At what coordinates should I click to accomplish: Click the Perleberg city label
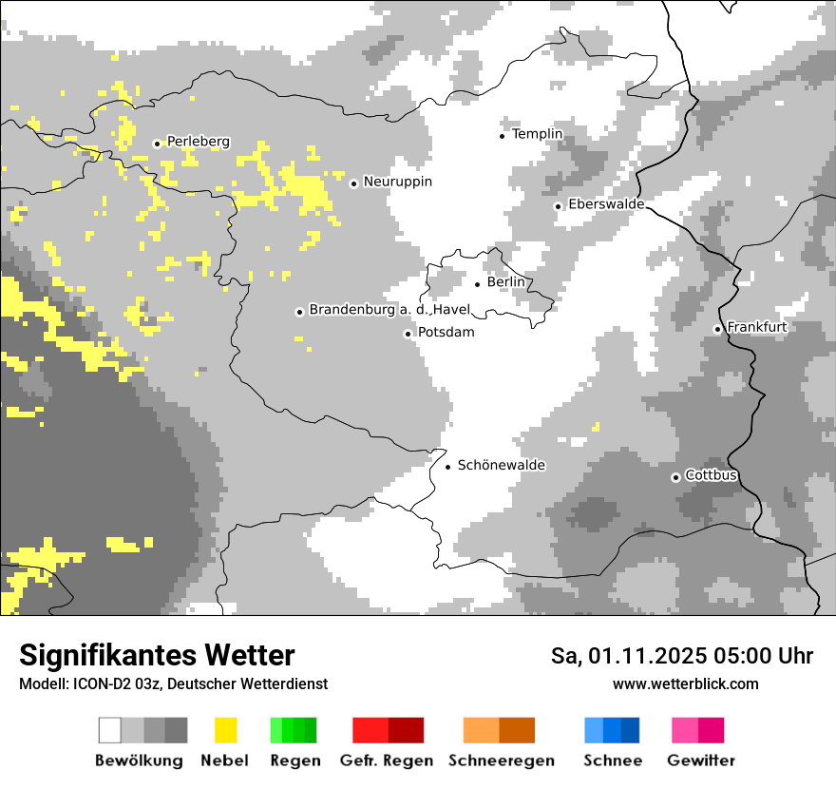click(x=198, y=142)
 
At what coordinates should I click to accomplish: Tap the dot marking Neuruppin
click(x=353, y=183)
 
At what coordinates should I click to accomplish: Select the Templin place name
click(x=537, y=134)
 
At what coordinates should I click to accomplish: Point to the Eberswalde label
click(x=606, y=204)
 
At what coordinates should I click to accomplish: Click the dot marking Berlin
click(x=477, y=283)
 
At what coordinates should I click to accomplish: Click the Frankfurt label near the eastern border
click(x=757, y=327)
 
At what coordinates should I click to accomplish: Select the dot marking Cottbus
click(x=675, y=477)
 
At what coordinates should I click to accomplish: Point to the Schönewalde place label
click(x=501, y=465)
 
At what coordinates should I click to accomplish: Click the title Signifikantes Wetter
click(x=157, y=655)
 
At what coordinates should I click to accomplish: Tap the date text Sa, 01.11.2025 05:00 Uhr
click(x=682, y=656)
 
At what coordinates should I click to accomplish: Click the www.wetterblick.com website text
click(x=685, y=684)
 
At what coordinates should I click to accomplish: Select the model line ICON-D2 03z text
click(x=173, y=684)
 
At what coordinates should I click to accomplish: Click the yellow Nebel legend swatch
click(x=225, y=730)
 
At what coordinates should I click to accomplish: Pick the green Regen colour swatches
click(x=294, y=730)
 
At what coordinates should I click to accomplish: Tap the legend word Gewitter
click(x=700, y=760)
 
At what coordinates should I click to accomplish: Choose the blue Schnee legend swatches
click(x=612, y=730)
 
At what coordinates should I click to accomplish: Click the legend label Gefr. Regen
click(x=387, y=760)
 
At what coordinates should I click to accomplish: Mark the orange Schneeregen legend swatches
click(x=499, y=730)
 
